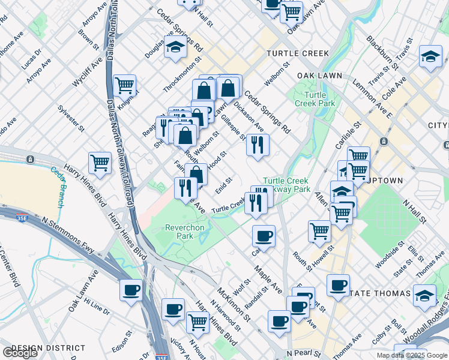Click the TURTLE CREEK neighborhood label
coord(298,53)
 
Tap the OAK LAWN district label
coord(319,76)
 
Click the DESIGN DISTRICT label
coord(48,348)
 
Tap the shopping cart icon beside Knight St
coord(124,86)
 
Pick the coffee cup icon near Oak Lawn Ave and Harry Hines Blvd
coord(131,291)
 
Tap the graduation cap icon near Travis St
coord(430,57)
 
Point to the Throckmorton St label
coord(183,76)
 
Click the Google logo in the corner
coord(20,353)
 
